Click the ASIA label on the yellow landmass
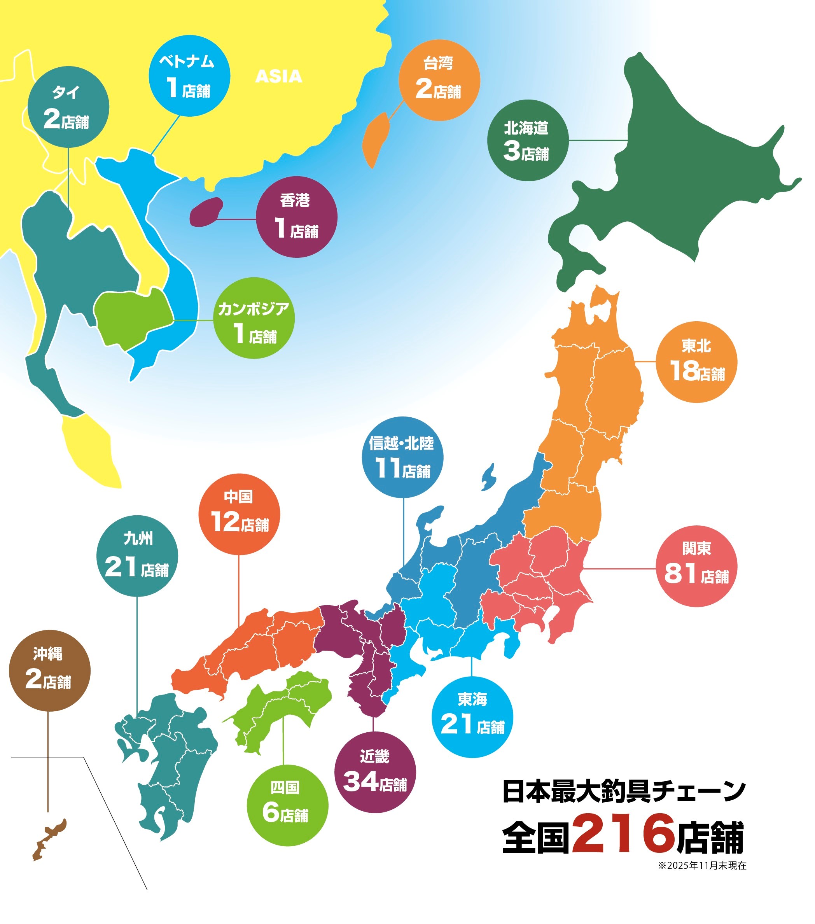pos(278,76)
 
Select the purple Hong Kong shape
pos(206,212)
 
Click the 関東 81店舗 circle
pos(696,566)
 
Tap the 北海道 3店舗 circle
pos(528,141)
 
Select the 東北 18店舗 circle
pos(696,362)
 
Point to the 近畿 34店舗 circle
pos(375,772)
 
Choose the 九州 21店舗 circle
pos(137,556)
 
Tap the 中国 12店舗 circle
pos(239,514)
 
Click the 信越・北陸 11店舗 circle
pos(402,457)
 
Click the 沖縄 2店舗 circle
pos(50,670)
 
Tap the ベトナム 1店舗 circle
pos(189,75)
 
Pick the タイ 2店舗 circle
pos(68,107)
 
